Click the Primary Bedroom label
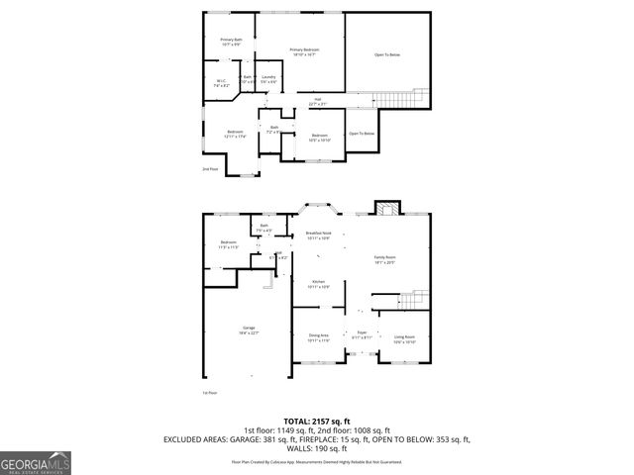303,51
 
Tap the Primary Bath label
231,43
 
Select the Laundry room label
267,81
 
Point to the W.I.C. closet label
222,83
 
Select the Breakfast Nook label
318,236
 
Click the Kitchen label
318,284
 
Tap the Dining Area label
318,337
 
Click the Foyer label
361,336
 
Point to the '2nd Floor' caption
209,169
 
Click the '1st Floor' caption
209,393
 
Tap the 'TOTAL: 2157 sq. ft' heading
317,421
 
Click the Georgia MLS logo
36,463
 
